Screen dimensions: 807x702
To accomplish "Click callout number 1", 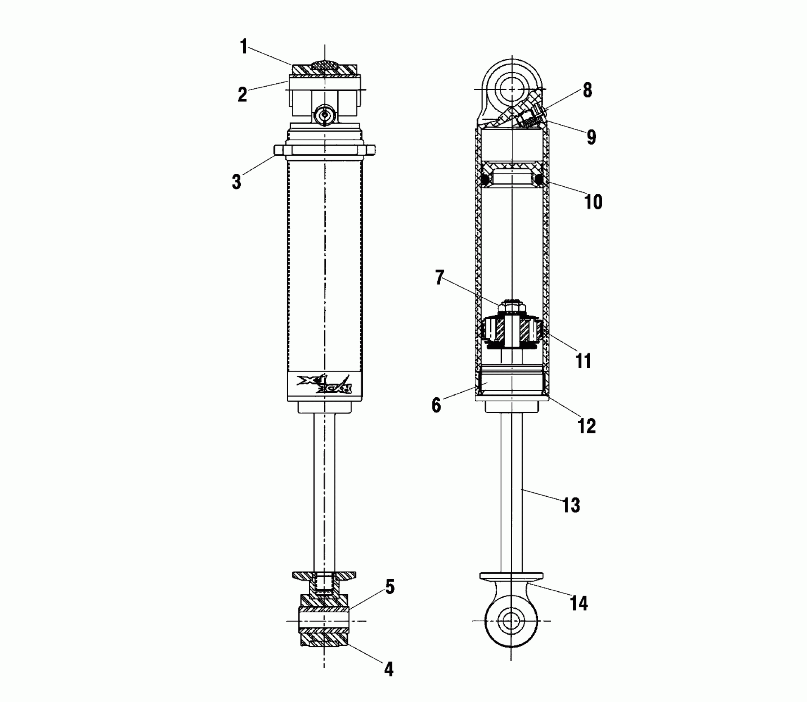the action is tap(244, 47).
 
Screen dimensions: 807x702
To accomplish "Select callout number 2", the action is tap(242, 95).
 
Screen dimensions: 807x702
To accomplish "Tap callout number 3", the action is tap(236, 181).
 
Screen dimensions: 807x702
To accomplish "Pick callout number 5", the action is tap(389, 587).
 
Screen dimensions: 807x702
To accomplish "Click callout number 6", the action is tap(436, 406).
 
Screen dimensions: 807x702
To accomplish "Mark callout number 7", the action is tap(439, 278).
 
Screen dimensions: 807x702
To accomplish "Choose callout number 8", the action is tap(587, 90).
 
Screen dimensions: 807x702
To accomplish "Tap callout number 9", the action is tap(591, 137).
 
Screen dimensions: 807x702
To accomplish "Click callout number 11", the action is tap(584, 360).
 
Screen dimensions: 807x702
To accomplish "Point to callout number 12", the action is tap(586, 426).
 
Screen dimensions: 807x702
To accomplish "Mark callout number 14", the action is tap(579, 603).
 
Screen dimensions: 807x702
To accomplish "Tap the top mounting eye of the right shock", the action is tap(512, 89).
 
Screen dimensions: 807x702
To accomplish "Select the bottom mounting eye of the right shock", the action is tap(511, 621).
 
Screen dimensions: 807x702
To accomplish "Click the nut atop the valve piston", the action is tap(512, 308).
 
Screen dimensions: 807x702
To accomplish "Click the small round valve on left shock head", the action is tap(325, 114).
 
